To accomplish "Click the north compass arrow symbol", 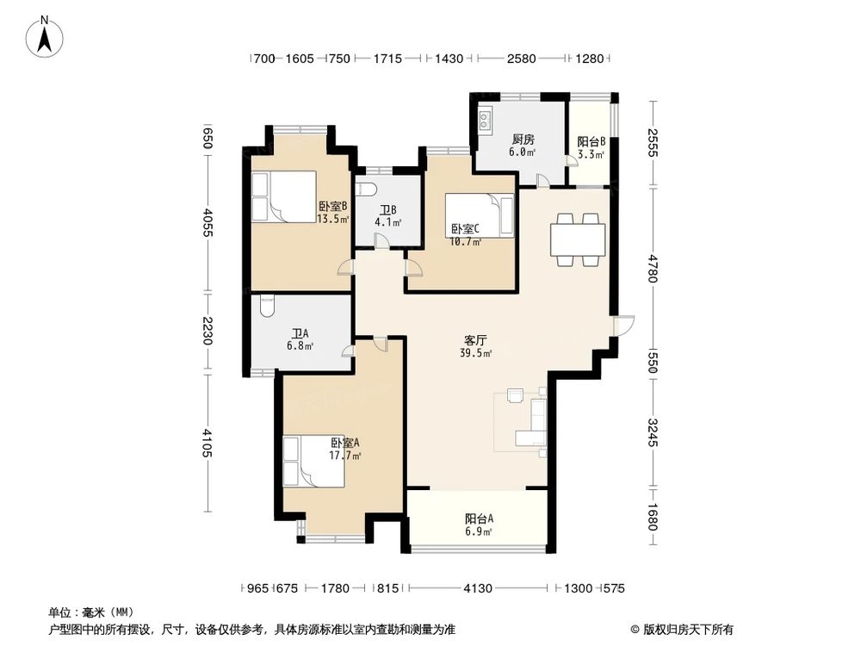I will [x=44, y=35].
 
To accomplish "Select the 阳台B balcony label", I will [x=591, y=142].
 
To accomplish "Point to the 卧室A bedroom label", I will [x=344, y=443].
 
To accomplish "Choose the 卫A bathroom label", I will [x=300, y=333].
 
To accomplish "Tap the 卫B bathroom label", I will [x=388, y=209].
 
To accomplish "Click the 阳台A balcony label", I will [x=479, y=519].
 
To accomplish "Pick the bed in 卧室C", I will [x=481, y=215].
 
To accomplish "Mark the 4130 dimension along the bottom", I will [x=478, y=588].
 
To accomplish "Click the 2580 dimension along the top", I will [x=522, y=59].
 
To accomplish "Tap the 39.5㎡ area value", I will [x=475, y=353].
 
